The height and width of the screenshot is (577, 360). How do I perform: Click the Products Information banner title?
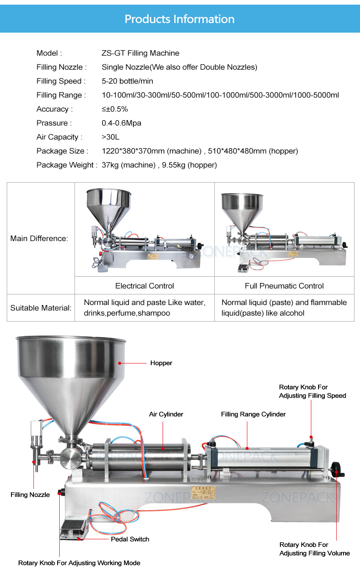point(180,19)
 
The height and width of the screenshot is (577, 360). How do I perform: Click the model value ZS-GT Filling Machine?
point(140,53)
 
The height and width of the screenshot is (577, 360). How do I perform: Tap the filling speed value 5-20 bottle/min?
point(127,81)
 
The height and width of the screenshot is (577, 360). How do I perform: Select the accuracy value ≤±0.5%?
point(114,109)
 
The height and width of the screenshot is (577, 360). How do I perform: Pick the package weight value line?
point(159,165)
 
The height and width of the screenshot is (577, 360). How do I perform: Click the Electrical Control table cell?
point(144,286)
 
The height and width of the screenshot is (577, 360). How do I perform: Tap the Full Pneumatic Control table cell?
point(284,286)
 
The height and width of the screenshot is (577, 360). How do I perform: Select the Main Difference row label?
point(39,238)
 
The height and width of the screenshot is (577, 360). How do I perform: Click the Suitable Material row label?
point(41,308)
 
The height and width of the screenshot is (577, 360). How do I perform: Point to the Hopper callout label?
point(161,363)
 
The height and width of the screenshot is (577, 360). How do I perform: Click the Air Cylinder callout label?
point(166,414)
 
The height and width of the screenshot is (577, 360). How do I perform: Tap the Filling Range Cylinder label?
point(253,414)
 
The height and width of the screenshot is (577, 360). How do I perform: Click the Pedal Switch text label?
point(130,539)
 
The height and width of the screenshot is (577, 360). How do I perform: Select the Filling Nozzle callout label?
point(30,495)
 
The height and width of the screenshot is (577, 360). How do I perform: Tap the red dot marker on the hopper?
point(120,363)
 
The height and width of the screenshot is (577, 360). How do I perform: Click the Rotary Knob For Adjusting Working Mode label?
point(79,563)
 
